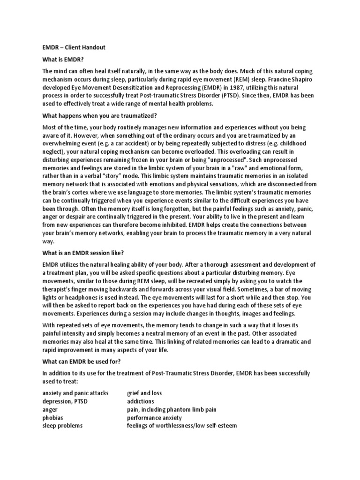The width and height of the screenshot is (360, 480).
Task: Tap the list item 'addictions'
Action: pos(141,401)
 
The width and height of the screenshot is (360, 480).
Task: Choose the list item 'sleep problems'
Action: pos(62,426)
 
